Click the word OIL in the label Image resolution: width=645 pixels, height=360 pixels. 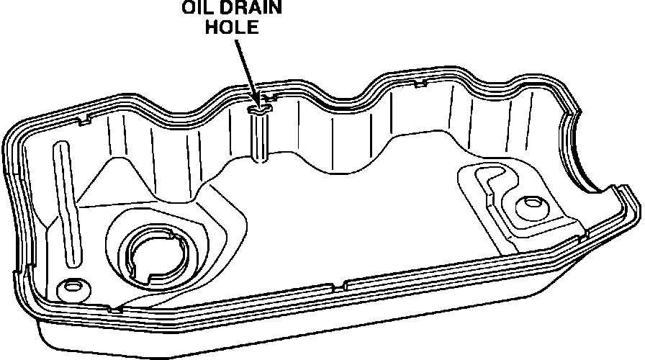click(x=196, y=9)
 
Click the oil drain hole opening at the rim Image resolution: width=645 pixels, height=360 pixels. click(x=259, y=109)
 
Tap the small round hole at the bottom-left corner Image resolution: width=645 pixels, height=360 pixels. click(x=72, y=287)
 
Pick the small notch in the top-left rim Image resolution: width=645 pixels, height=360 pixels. click(x=86, y=117)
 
